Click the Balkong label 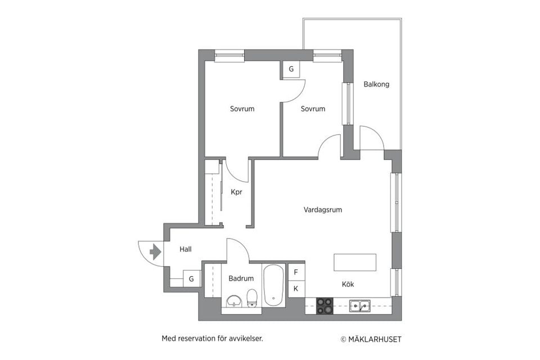click(x=376, y=84)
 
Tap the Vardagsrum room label click(x=322, y=210)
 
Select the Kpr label click(x=236, y=192)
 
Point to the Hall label click(x=186, y=249)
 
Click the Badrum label click(x=241, y=278)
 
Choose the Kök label click(x=348, y=285)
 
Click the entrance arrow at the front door click(x=154, y=251)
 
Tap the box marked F click(x=296, y=272)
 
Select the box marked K click(x=296, y=289)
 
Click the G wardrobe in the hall click(x=191, y=278)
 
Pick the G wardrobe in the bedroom click(x=291, y=69)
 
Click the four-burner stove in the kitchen click(x=325, y=306)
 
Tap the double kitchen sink click(x=359, y=305)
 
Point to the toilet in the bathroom click(x=252, y=298)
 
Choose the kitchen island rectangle click(x=355, y=262)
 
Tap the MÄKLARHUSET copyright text click(x=371, y=339)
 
